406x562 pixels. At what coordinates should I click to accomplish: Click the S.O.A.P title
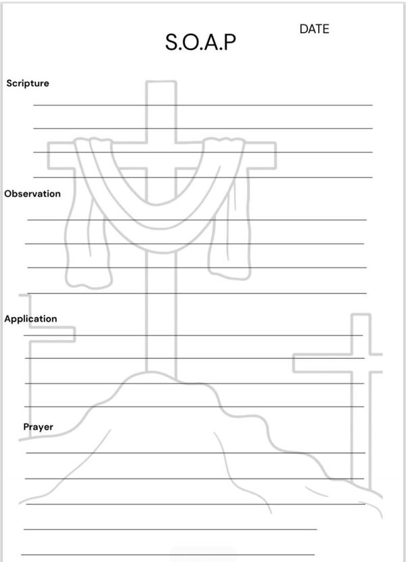click(201, 44)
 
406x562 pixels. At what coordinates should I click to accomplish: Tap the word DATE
click(314, 29)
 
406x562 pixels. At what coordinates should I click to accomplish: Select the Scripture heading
click(28, 83)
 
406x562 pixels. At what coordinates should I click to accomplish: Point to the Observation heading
click(32, 194)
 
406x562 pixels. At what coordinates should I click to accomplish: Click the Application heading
click(30, 318)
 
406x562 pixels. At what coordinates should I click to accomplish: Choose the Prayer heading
click(38, 427)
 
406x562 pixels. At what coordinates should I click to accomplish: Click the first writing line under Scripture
click(203, 105)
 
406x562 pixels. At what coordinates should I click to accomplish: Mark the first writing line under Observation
click(196, 219)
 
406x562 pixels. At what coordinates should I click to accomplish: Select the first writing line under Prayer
click(196, 452)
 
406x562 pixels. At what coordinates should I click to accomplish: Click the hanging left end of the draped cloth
click(86, 257)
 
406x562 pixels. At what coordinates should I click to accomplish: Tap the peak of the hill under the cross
click(162, 376)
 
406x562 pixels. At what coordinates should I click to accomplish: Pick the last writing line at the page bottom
click(169, 555)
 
